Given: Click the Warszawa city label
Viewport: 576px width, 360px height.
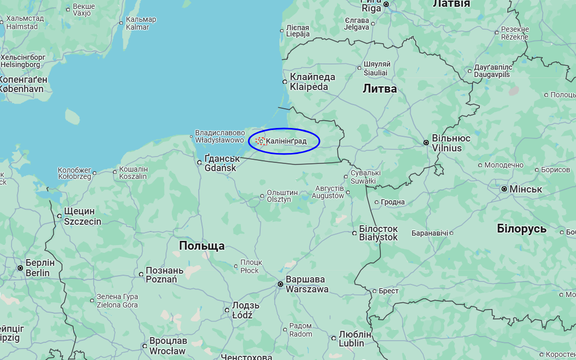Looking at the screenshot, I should tap(307, 284).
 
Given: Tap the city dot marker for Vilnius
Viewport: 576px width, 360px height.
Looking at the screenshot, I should tap(426, 143).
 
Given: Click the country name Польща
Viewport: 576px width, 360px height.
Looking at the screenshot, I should tap(202, 246).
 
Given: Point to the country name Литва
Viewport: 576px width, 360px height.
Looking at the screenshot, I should tap(380, 89).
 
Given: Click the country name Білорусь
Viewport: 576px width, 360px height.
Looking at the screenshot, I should tap(521, 229).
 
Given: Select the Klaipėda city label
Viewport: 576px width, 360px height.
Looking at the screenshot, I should tap(312, 82).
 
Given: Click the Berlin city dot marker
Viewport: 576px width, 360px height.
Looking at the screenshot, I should tap(20, 268).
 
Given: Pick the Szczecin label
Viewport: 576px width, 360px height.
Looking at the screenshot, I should tap(82, 216).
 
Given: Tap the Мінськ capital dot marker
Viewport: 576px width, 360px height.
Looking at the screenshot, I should tap(504, 189).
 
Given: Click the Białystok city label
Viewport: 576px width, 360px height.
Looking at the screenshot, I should tap(378, 233).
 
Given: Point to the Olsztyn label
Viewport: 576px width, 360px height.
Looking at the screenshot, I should tap(282, 196).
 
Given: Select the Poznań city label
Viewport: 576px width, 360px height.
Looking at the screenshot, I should tap(164, 275).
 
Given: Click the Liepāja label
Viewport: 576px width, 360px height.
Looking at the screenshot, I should tap(298, 31).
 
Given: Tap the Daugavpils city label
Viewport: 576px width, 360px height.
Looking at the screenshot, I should tap(493, 71).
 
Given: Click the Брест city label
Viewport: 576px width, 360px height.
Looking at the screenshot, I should tap(389, 291).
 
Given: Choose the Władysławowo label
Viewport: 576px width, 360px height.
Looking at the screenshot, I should tap(220, 136).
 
